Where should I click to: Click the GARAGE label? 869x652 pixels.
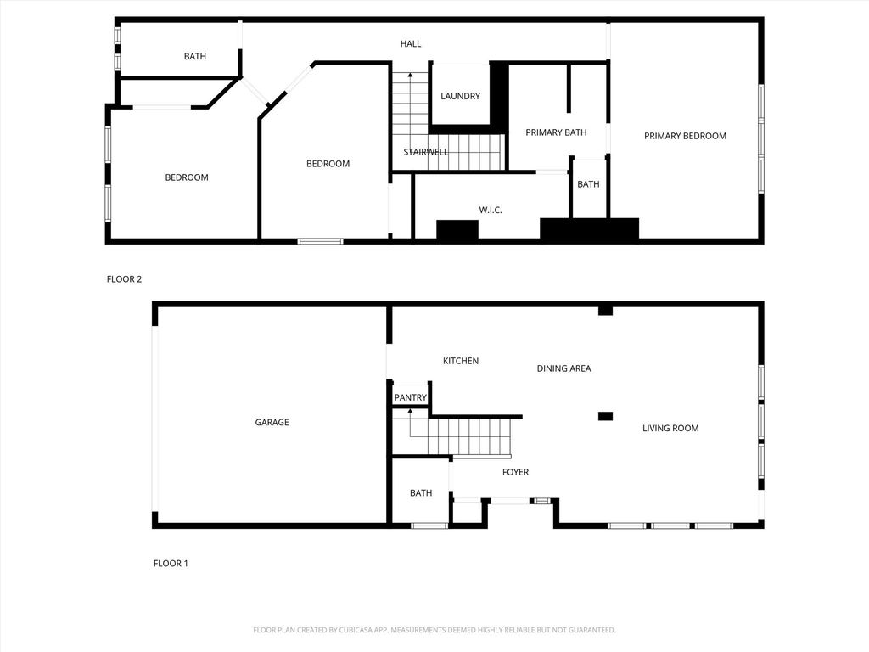coord(272,423)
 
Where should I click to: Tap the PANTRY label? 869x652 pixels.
coord(410,397)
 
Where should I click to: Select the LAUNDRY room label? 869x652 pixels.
coord(460,96)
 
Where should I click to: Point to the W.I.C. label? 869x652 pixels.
coord(491,211)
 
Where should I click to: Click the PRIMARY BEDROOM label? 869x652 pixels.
coord(685,136)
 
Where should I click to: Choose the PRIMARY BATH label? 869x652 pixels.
coord(556,132)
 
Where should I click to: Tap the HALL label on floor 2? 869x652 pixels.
coord(411,44)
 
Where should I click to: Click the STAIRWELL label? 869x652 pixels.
coord(426,152)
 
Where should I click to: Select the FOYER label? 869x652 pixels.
coord(515,472)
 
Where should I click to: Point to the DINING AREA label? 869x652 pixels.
coord(563,368)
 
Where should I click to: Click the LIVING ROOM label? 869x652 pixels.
coord(670,428)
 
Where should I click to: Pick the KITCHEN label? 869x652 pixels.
coord(461,361)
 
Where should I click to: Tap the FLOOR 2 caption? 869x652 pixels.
coord(124,279)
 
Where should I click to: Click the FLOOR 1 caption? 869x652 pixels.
coord(171,564)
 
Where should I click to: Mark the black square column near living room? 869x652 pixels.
coord(605,416)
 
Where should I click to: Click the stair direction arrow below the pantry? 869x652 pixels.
coord(411,424)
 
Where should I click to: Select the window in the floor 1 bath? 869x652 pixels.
coord(429,525)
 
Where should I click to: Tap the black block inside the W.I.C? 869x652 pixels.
coord(457,229)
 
